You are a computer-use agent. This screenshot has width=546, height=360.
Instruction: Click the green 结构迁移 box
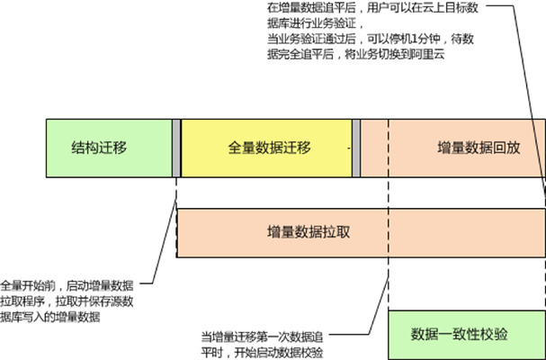click(x=110, y=148)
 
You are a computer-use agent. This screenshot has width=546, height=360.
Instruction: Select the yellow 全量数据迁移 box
click(x=266, y=148)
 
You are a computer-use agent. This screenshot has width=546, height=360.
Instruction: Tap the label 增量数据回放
click(x=479, y=148)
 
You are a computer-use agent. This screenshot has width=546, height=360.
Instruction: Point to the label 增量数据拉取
click(x=309, y=232)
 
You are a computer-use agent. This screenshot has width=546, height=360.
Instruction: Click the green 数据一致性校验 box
click(x=467, y=335)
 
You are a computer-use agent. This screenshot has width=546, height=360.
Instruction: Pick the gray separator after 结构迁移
click(x=176, y=148)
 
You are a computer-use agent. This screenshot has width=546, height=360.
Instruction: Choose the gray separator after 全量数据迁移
click(x=356, y=148)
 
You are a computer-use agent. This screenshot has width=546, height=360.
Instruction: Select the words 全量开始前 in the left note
click(x=28, y=286)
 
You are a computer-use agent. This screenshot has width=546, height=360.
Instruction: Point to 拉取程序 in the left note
click(x=22, y=301)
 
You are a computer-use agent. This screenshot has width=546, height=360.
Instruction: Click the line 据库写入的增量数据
click(x=50, y=317)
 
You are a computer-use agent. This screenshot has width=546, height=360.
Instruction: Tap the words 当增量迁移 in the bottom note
click(x=228, y=337)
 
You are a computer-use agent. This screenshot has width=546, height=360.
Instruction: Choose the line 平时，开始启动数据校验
click(x=262, y=353)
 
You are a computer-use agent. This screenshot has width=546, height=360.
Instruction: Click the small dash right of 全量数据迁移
click(x=349, y=148)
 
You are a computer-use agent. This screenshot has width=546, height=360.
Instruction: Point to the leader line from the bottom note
click(x=379, y=306)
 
